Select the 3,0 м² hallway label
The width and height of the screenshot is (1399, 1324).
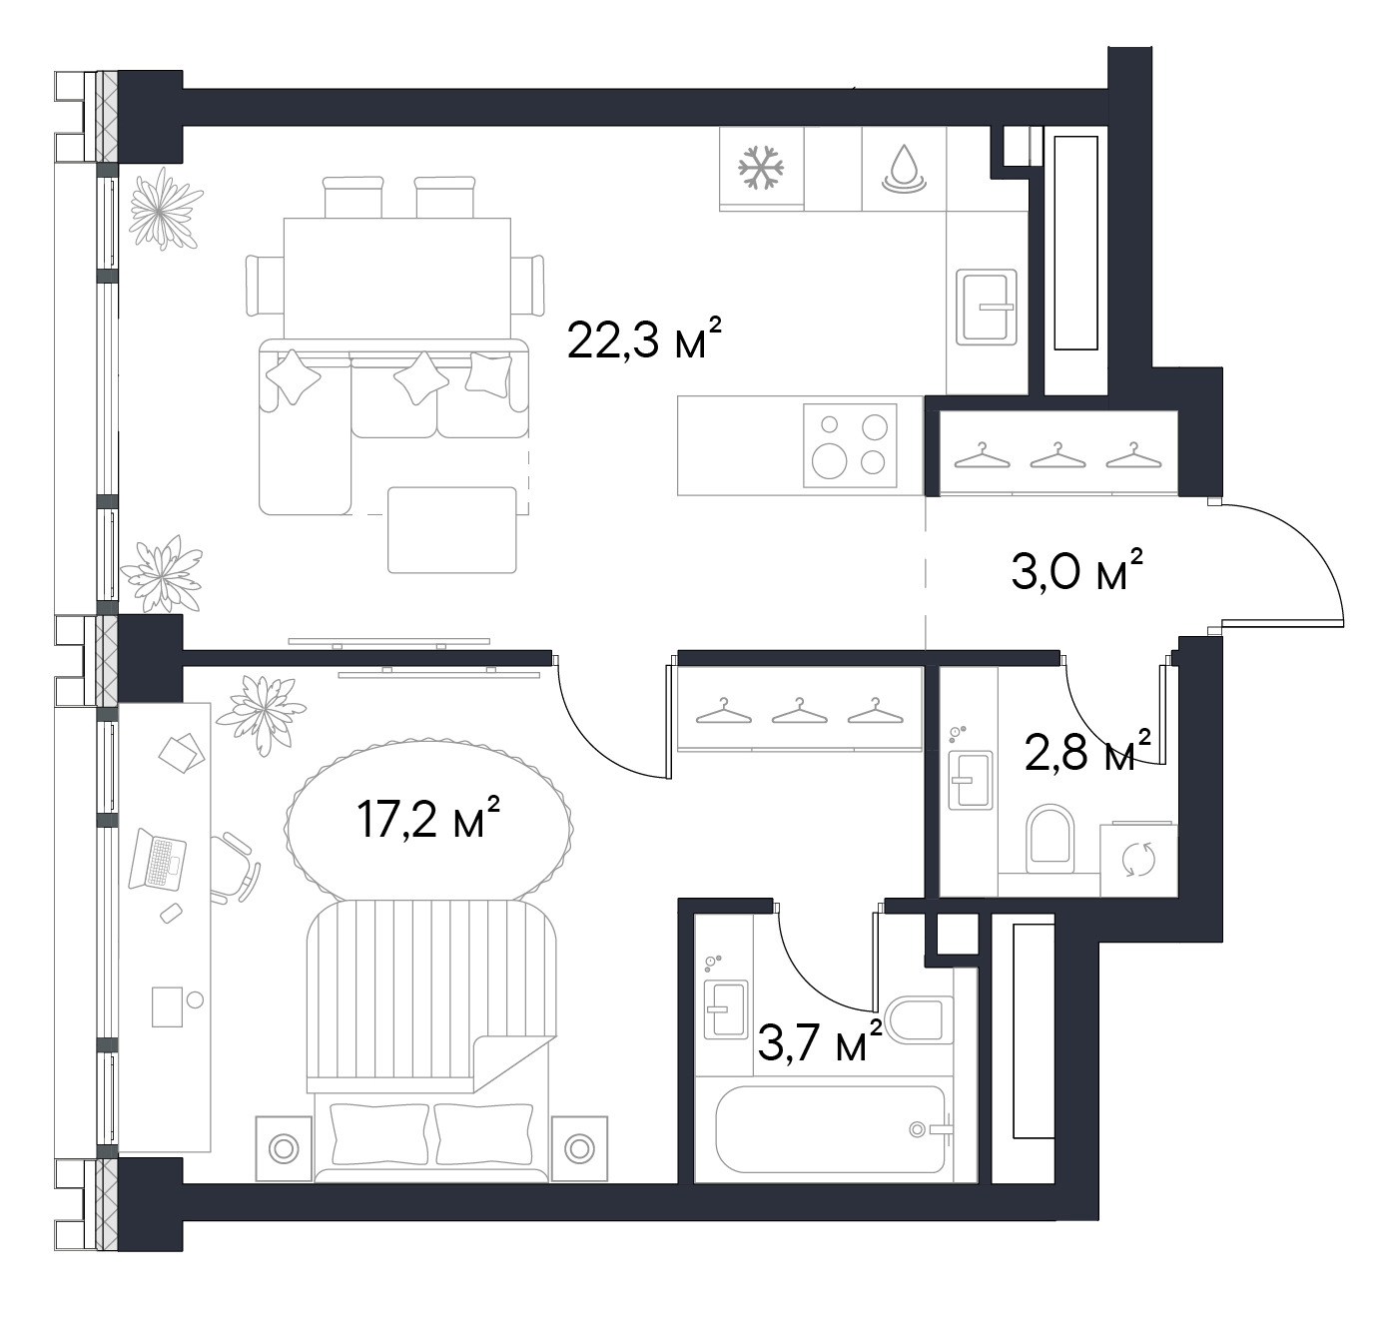click(1076, 569)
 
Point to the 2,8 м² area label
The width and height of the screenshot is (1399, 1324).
click(1087, 751)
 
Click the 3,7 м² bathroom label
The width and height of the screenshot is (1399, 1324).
click(820, 1041)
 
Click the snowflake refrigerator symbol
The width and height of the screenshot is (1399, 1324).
click(761, 168)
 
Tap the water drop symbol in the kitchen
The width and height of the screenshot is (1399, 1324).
click(904, 169)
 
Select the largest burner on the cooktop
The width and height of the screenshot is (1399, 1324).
click(829, 460)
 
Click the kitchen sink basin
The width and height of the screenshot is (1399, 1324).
click(986, 307)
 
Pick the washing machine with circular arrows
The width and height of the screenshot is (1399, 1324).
click(1138, 860)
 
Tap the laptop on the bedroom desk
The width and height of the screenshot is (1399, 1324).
click(157, 859)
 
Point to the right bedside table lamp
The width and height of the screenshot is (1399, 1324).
click(579, 1149)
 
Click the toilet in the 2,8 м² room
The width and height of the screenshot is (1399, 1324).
click(1049, 838)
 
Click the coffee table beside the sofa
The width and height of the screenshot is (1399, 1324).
click(452, 529)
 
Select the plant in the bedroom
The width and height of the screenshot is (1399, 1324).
click(262, 714)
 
